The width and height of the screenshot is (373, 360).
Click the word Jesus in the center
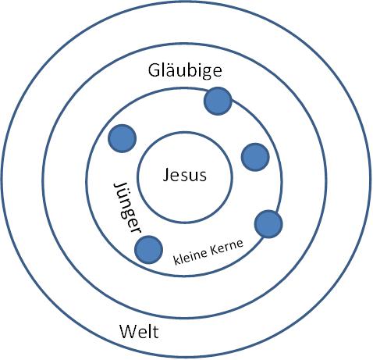185,175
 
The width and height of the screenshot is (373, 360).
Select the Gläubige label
185,71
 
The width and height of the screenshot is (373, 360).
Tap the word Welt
139,332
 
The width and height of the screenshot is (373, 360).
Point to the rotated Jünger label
127,208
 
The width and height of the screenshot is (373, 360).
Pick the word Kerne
227,248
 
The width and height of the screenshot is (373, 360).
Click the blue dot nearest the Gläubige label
218,101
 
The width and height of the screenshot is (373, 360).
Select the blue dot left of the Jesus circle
122,138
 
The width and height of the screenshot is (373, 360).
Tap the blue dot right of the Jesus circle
255,157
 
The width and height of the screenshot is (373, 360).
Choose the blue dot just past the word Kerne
268,224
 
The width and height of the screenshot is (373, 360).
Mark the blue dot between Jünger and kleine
148,250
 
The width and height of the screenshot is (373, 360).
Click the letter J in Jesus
166,176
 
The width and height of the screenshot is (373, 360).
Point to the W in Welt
128,332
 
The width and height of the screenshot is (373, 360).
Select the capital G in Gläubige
154,70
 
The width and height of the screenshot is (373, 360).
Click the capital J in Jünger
119,187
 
